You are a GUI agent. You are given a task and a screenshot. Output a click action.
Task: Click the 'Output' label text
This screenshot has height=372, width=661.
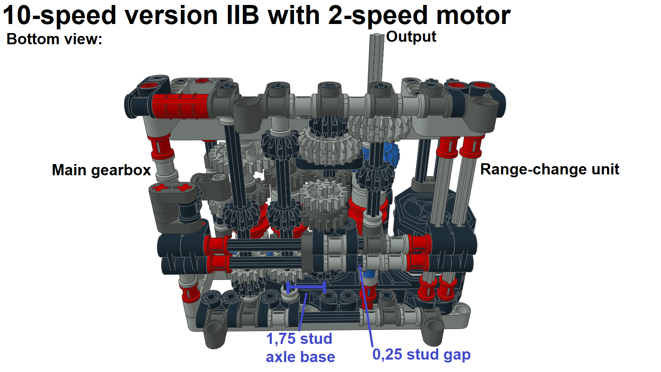[x=411, y=37]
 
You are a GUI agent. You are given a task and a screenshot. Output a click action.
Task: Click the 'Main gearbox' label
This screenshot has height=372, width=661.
[x=101, y=170]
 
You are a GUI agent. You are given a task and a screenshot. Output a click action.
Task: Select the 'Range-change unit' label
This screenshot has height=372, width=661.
[x=549, y=169]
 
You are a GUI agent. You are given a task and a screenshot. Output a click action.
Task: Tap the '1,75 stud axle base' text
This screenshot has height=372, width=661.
[x=300, y=348]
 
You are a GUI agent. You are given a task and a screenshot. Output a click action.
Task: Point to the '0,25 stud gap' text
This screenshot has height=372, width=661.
[x=421, y=355]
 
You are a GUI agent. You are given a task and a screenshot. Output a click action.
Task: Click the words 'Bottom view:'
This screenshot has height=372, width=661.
[x=54, y=39]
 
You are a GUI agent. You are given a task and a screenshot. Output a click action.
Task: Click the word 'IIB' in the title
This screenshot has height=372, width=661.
[x=243, y=16]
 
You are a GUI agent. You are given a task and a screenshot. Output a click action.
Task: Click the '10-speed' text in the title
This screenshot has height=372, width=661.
[x=59, y=16]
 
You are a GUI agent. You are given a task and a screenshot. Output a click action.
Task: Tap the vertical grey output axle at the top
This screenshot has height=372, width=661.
[x=376, y=58]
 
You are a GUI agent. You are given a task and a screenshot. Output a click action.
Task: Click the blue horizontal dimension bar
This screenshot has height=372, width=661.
[x=306, y=286]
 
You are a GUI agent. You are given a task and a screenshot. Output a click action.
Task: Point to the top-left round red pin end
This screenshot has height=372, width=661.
[x=147, y=86]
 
